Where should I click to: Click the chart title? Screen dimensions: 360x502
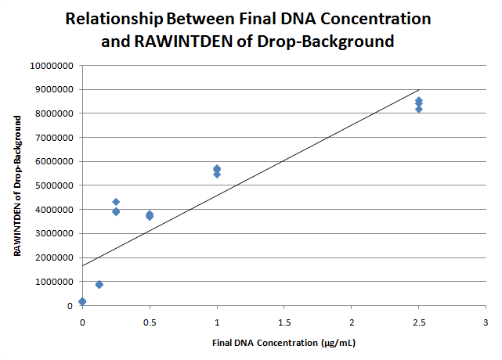pos(248,29)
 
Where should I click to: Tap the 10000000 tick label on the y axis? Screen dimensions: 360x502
pos(51,66)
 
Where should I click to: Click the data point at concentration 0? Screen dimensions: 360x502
pos(82,301)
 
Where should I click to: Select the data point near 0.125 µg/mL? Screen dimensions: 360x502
pos(99,284)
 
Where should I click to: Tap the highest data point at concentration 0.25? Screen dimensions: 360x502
pos(116,202)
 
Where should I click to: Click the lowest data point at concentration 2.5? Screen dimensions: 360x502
pos(419,109)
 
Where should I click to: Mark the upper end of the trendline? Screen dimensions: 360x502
pos(420,89)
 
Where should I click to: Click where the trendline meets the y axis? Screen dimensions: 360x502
pos(82,265)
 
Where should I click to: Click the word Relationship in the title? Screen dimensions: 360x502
pos(114,18)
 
